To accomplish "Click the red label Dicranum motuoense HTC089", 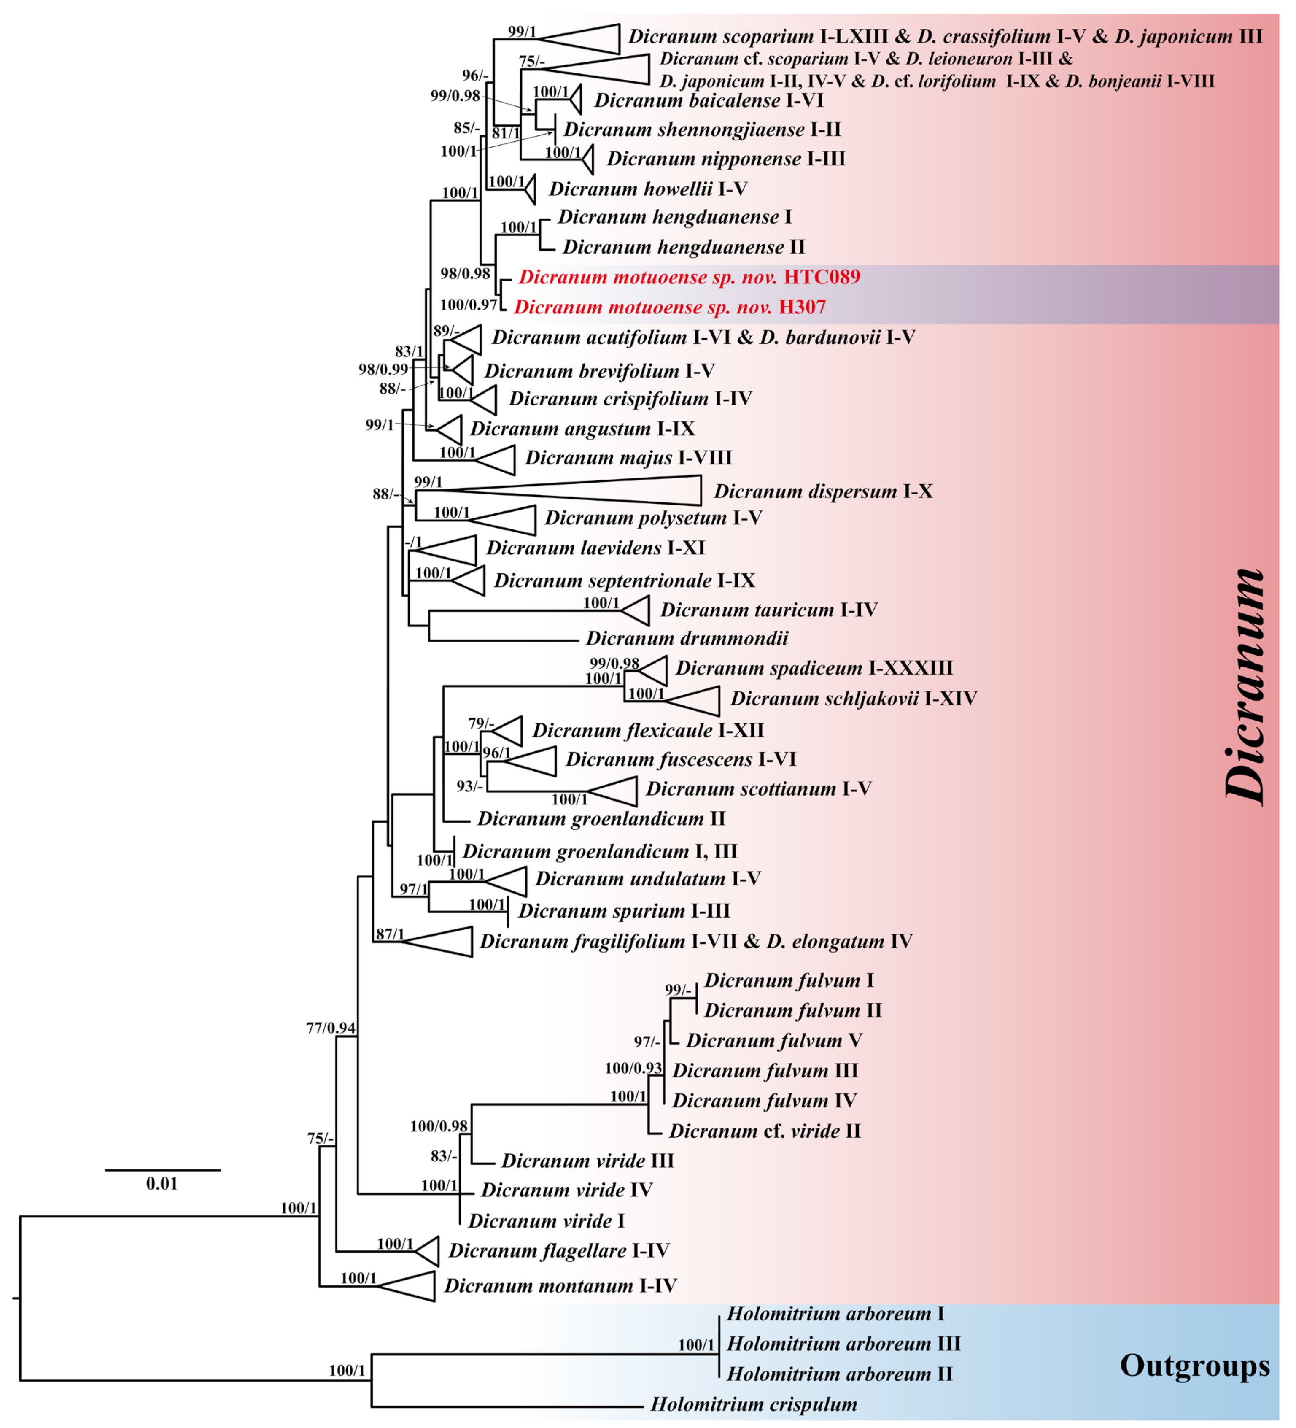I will click(x=688, y=277).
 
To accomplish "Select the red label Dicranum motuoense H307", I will click(x=669, y=308).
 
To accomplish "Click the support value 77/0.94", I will click(x=331, y=1028).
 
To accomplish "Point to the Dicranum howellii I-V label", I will click(x=648, y=189).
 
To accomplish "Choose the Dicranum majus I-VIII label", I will click(x=628, y=458).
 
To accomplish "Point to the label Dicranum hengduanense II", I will click(x=683, y=247).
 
